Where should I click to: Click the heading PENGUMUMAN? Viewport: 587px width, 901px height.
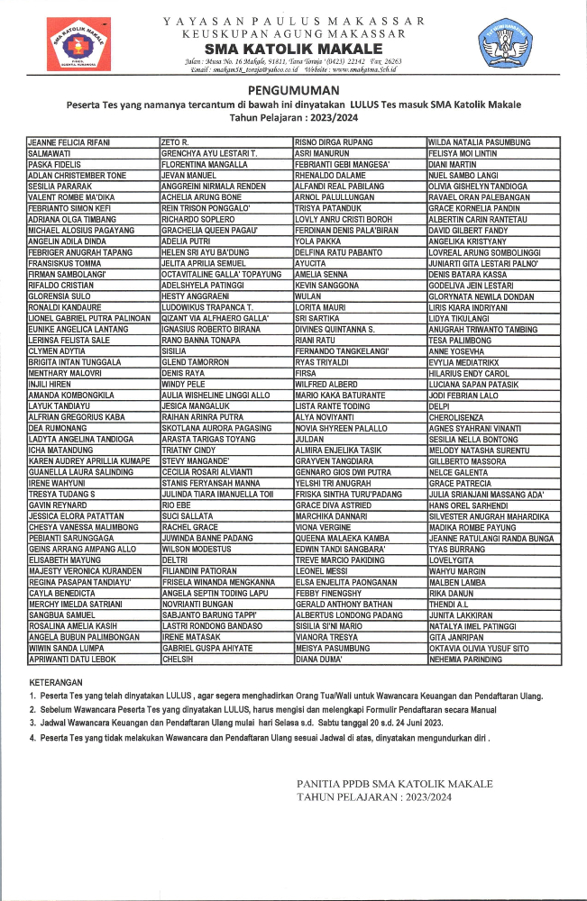pyautogui.click(x=293, y=91)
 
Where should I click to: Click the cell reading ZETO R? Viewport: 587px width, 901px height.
pyautogui.click(x=175, y=142)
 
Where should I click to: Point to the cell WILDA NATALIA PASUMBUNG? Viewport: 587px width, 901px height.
pyautogui.click(x=480, y=142)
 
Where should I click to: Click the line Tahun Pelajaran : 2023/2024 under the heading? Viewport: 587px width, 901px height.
pyautogui.click(x=293, y=117)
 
